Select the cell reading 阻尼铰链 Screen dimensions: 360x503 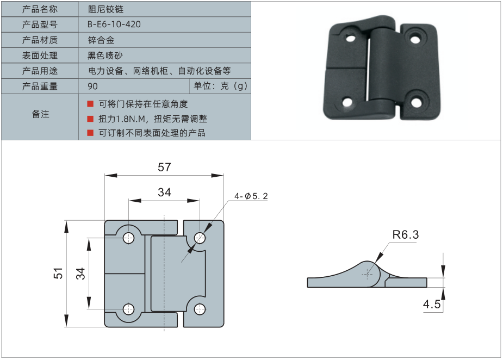[102, 9]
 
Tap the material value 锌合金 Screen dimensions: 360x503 [101, 40]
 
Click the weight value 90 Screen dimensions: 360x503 [92, 86]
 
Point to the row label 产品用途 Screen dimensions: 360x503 [40, 71]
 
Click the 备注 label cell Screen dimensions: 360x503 [40, 114]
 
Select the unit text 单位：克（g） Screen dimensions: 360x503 [220, 86]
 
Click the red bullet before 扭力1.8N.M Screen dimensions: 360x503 [91, 119]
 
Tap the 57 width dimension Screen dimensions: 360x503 [164, 167]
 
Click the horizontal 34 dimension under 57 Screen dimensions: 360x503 [164, 192]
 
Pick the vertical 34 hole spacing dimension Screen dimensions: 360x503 [80, 273]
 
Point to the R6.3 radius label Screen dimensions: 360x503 [405, 235]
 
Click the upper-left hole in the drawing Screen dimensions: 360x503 [129, 237]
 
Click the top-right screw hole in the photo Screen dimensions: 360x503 [415, 39]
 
